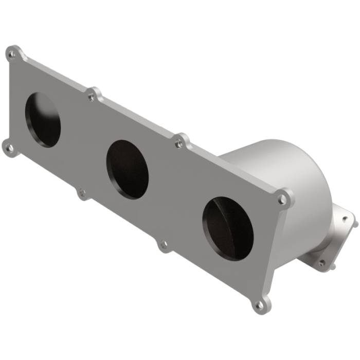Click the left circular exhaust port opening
pos(43,119)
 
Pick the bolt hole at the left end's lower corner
pos(9,148)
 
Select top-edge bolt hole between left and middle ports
pos(92,96)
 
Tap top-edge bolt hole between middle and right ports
pos(179,144)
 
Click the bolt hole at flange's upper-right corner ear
pos(282,198)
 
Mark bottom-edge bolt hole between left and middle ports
pos(81,193)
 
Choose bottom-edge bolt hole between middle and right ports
pos(164,245)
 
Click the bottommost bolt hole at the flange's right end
pos(260,305)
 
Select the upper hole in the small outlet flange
pos(346,219)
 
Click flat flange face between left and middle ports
pos(85,144)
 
